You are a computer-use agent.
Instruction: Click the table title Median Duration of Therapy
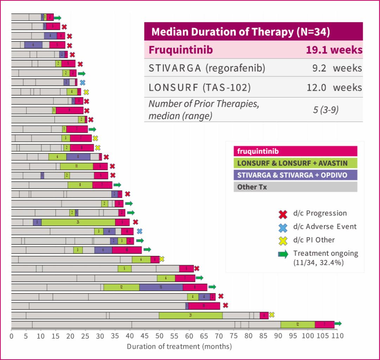[240, 32]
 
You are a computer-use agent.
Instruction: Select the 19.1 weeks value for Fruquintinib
[334, 50]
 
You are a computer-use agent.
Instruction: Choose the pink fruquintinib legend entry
[295, 151]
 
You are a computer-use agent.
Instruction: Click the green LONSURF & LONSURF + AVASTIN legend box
[295, 163]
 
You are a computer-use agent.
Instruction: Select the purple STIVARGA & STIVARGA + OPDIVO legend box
[295, 175]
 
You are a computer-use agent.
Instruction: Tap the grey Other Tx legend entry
[295, 187]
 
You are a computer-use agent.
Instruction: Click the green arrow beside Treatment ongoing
[283, 254]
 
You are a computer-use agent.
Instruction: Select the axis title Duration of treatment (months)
[179, 346]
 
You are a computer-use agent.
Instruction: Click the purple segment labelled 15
[161, 287]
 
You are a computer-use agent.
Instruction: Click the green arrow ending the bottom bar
[338, 324]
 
